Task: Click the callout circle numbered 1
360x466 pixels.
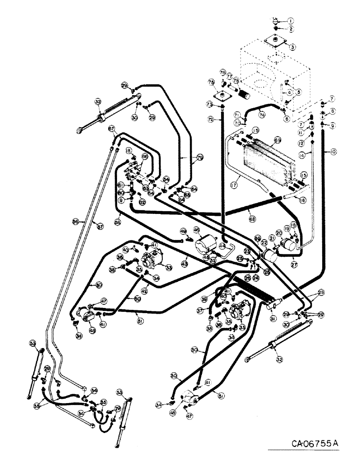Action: pyautogui.click(x=291, y=21)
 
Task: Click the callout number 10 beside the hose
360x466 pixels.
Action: pyautogui.click(x=335, y=152)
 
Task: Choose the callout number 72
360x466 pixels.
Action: pyautogui.click(x=210, y=120)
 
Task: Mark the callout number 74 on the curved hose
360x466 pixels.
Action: pyautogui.click(x=262, y=114)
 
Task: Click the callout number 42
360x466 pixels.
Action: pyautogui.click(x=145, y=290)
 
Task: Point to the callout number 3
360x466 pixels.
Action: pyautogui.click(x=292, y=47)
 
